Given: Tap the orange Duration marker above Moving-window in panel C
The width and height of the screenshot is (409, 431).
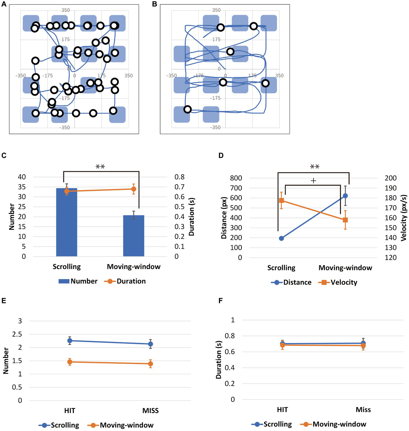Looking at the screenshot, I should pyautogui.click(x=133, y=189).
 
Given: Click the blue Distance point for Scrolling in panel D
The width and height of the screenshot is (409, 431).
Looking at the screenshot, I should pyautogui.click(x=281, y=238).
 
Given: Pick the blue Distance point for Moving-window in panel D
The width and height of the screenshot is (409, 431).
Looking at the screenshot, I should pyautogui.click(x=345, y=196).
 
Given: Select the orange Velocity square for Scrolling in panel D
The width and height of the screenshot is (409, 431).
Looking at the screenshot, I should pyautogui.click(x=281, y=200).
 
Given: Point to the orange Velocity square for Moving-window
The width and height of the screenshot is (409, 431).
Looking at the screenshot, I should pyautogui.click(x=345, y=220).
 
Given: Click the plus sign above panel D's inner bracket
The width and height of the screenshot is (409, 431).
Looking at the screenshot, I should pyautogui.click(x=314, y=181).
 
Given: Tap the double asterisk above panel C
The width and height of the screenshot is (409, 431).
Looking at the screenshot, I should pyautogui.click(x=100, y=167).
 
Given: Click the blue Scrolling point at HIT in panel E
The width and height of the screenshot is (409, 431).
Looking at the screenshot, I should pyautogui.click(x=70, y=341).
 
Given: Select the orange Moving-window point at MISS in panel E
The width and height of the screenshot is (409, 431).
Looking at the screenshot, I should pyautogui.click(x=151, y=364).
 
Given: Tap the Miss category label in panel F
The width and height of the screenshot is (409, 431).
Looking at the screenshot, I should pyautogui.click(x=363, y=410).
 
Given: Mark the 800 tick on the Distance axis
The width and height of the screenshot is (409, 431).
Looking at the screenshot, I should pyautogui.click(x=236, y=178).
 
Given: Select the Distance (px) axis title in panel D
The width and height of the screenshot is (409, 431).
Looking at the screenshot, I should pyautogui.click(x=224, y=218).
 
